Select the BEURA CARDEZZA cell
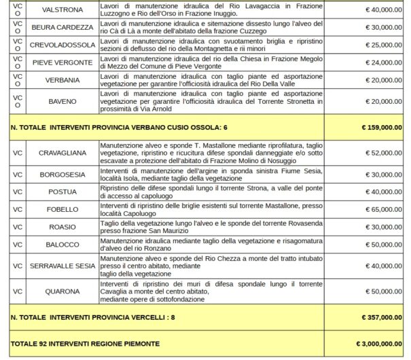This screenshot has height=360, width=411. pyautogui.click(x=62, y=28)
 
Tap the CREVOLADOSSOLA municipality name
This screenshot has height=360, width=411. pyautogui.click(x=62, y=46)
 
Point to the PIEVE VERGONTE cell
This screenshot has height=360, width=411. pyautogui.click(x=62, y=63)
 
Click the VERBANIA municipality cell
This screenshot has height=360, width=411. pyautogui.click(x=62, y=81)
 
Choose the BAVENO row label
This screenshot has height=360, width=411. pyautogui.click(x=62, y=102)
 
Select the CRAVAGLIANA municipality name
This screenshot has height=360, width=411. pyautogui.click(x=62, y=154)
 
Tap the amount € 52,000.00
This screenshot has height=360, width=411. pyautogui.click(x=384, y=154)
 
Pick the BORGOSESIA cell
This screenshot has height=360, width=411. pyautogui.click(x=62, y=175)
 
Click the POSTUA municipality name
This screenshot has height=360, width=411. pyautogui.click(x=62, y=192)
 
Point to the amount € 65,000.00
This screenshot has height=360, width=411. pyautogui.click(x=384, y=210)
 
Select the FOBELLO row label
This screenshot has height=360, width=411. pyautogui.click(x=62, y=210)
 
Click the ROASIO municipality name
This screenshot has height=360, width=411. pyautogui.click(x=62, y=228)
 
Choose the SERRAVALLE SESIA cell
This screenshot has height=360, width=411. pyautogui.click(x=62, y=266)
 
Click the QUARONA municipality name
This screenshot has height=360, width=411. pyautogui.click(x=62, y=292)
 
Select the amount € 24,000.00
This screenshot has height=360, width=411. pyautogui.click(x=384, y=63)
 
